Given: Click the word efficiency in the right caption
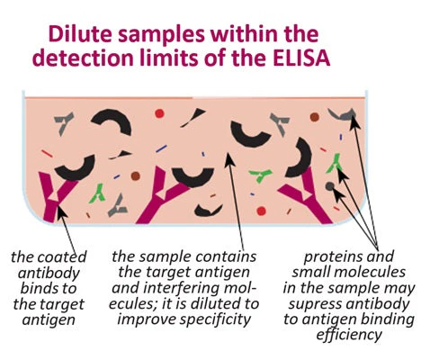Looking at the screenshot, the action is pos(349,335).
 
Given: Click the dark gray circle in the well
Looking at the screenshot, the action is pos(329,186).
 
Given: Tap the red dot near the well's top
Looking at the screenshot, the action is pos(159,113).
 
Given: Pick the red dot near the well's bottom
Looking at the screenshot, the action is pos(261,211).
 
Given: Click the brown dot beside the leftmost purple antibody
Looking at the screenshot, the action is pos(136,175).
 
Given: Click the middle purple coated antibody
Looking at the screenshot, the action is pos(160,196).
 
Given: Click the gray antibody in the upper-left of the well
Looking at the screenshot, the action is pos(64,122).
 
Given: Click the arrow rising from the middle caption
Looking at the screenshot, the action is pos(235,202).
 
